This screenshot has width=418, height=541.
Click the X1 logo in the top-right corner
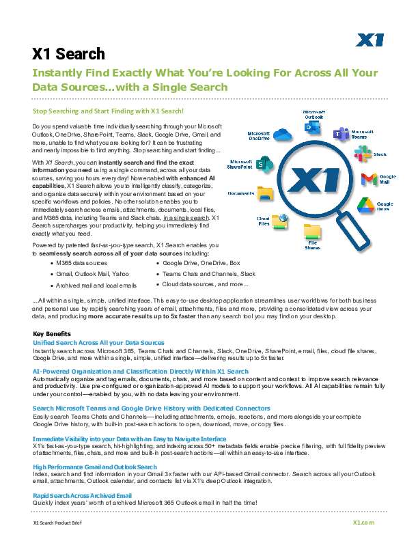pos(370,40)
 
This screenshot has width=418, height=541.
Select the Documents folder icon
pos(264,193)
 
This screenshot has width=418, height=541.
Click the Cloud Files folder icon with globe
pos(279,220)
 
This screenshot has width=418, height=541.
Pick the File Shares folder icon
pos(312,231)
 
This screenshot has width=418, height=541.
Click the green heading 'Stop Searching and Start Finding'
pos(109,110)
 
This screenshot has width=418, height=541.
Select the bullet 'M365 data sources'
pos(82,262)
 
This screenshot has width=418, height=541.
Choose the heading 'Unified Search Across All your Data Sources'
pos(98,342)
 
